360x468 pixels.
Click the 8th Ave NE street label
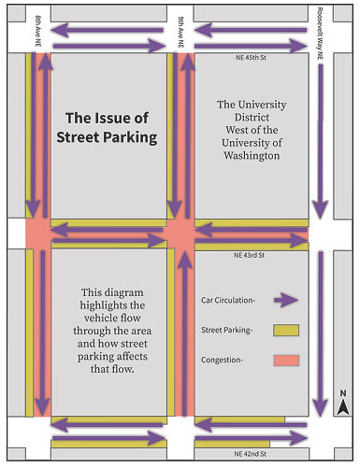pyautogui.click(x=38, y=25)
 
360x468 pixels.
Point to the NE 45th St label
pyautogui.click(x=250, y=58)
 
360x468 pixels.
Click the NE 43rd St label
pyautogui.click(x=250, y=254)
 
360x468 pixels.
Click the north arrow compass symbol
pyautogui.click(x=343, y=403)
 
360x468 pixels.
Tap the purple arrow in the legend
pyautogui.click(x=283, y=300)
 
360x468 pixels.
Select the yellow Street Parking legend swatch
pyautogui.click(x=286, y=330)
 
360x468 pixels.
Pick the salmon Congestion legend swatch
pyautogui.click(x=286, y=360)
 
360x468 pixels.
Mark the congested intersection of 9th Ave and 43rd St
pyautogui.click(x=180, y=234)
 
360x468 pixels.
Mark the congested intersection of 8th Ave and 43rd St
pyautogui.click(x=38, y=234)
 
